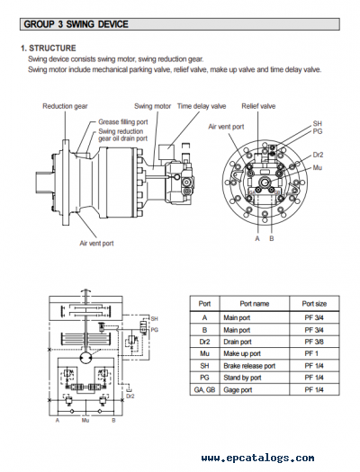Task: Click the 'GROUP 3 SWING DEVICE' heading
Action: (76, 24)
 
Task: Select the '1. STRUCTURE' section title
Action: (49, 49)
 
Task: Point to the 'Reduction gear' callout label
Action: (65, 106)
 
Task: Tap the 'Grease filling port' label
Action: (123, 122)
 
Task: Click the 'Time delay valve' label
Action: (202, 106)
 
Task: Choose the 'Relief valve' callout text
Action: (258, 106)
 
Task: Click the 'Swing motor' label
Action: (152, 106)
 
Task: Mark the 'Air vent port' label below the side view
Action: (96, 244)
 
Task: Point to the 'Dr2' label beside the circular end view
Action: (318, 155)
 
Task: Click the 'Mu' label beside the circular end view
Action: (317, 167)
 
